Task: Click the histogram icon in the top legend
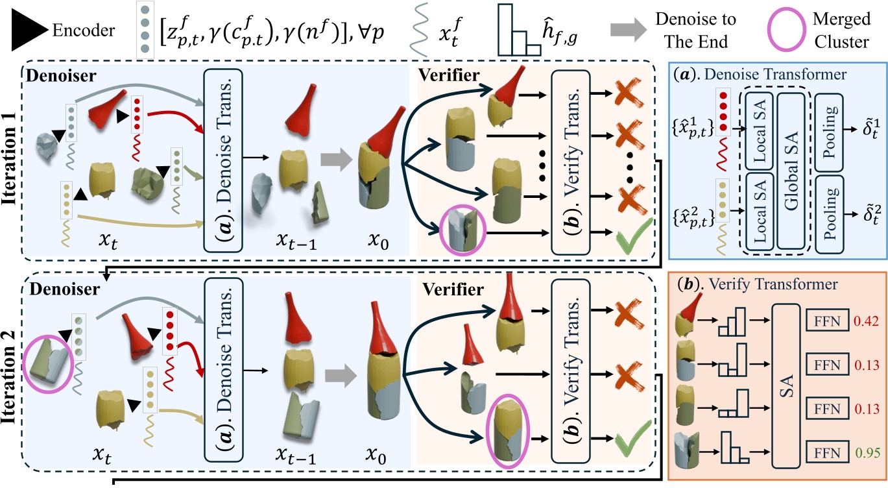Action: pos(519,30)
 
